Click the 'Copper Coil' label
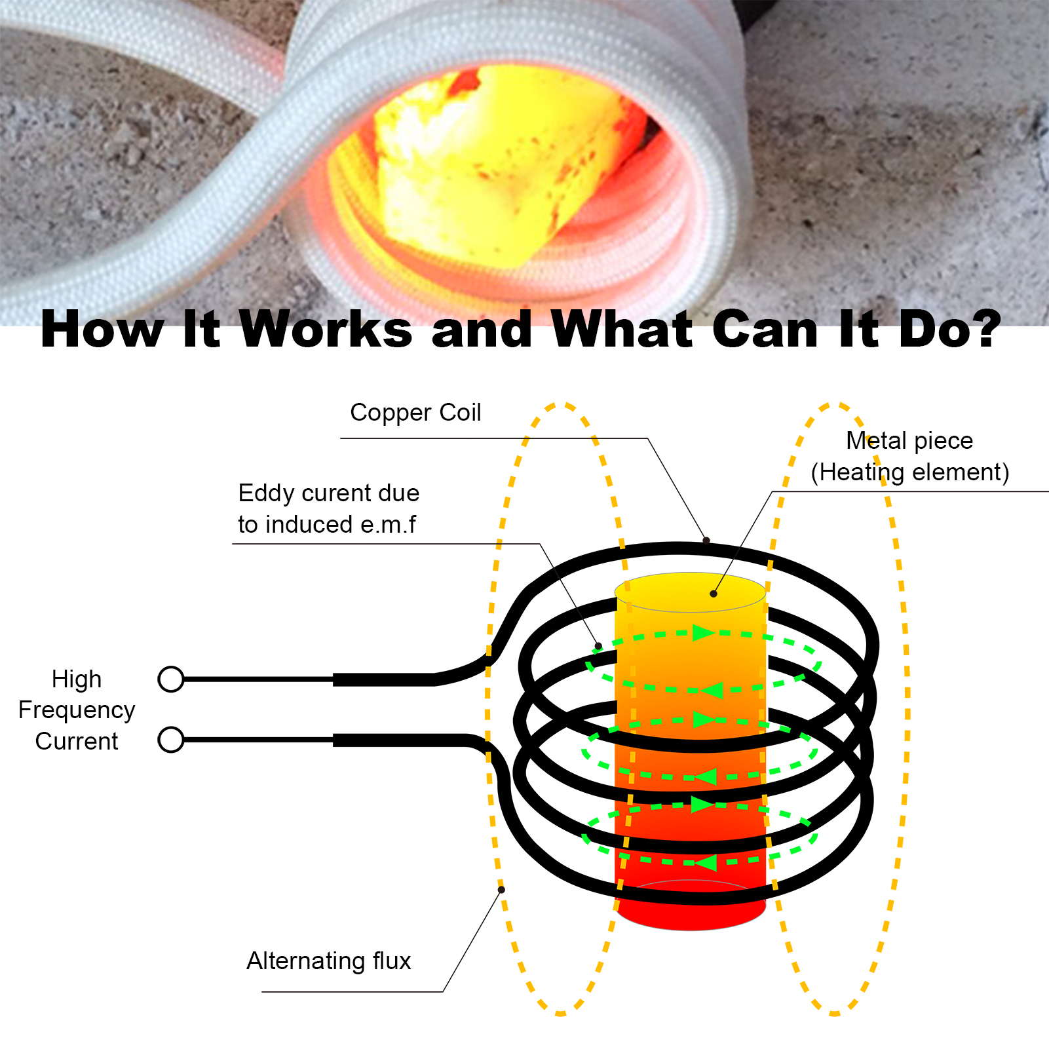coord(415,413)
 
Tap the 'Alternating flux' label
coord(328,961)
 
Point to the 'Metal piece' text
coord(909,440)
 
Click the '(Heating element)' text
coord(909,472)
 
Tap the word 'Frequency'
coord(77,710)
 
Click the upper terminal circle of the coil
coord(171,679)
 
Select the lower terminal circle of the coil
coord(171,740)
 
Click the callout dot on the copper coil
coord(706,541)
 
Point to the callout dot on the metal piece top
coord(714,594)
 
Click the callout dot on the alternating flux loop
coord(501,889)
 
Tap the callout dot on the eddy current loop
coord(598,646)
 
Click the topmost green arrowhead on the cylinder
coord(702,633)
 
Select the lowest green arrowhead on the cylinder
coord(705,863)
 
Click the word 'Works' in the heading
coord(326,330)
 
